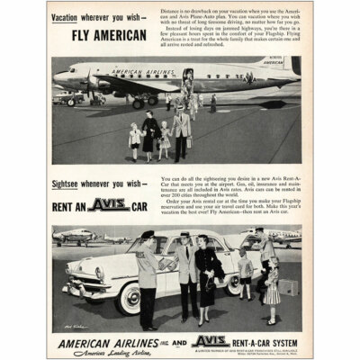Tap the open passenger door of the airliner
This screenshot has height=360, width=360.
click(188, 76)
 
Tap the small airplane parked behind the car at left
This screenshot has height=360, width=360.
click(76, 237)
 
